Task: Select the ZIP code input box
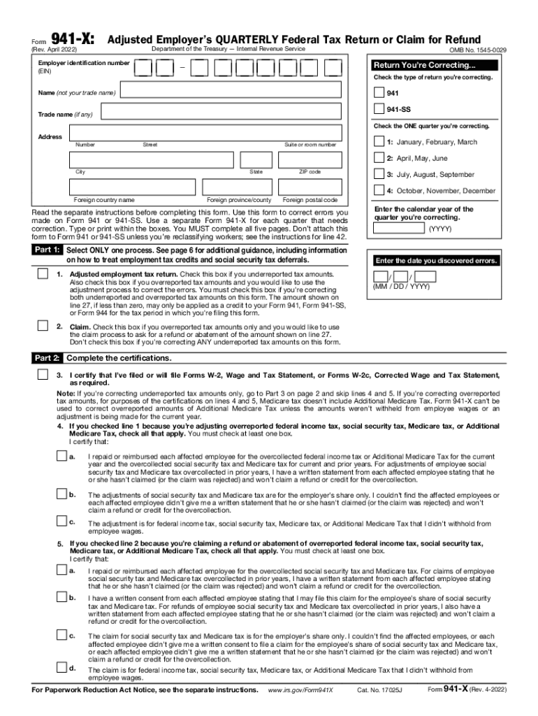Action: pos(310,159)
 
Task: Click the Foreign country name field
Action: pos(132,187)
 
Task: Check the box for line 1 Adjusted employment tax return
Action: pos(43,273)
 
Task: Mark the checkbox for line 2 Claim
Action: pos(43,327)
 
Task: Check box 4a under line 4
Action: pos(61,456)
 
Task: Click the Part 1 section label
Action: pos(48,250)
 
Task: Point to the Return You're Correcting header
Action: pos(436,66)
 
